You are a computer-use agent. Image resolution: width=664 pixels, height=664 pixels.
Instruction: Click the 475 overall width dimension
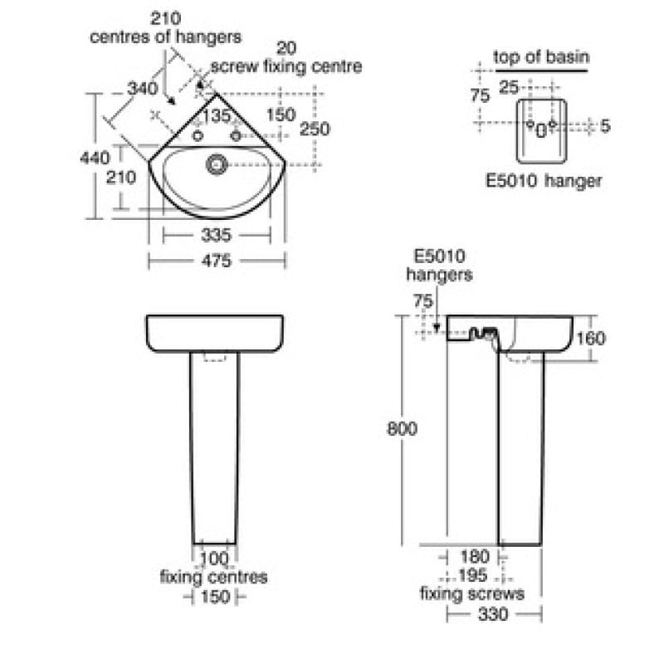click(217, 261)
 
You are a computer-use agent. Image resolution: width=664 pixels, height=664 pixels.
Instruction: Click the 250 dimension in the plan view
click(315, 129)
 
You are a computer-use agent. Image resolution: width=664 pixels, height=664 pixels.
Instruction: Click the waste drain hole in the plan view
click(217, 164)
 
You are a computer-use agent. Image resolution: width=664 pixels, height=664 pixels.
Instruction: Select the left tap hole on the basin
click(198, 135)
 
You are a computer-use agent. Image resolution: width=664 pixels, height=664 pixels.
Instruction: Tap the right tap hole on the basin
click(236, 135)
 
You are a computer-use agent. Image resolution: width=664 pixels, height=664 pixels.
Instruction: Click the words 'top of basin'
click(541, 57)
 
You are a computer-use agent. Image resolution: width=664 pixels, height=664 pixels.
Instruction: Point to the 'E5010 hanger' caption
click(544, 180)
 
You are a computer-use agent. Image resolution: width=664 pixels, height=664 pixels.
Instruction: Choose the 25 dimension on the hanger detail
click(509, 86)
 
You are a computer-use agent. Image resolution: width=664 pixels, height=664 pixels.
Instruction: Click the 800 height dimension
click(402, 428)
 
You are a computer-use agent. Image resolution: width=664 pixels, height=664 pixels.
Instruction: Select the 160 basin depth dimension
click(590, 338)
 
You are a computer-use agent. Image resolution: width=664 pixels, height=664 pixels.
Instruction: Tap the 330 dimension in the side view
click(494, 615)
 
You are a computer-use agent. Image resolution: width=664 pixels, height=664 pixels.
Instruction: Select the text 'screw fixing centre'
click(286, 66)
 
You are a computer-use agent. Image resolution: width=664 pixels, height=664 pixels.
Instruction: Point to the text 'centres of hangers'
click(165, 37)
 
